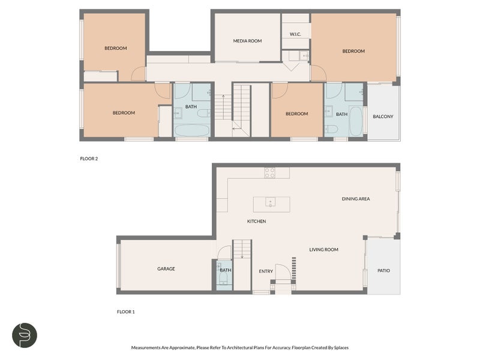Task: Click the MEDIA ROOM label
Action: (247, 41)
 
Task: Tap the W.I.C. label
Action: (295, 34)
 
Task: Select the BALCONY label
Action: (383, 116)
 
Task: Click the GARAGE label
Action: (166, 268)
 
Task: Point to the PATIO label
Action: (383, 271)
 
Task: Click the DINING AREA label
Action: (356, 199)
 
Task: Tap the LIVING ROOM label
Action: (323, 250)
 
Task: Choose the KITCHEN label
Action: (257, 221)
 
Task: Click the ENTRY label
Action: (266, 271)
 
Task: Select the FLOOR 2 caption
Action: (89, 158)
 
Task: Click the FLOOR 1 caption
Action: (125, 311)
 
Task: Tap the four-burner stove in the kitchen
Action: (269, 173)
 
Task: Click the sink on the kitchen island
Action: (271, 202)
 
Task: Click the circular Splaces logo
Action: (25, 335)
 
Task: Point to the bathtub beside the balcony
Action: (356, 121)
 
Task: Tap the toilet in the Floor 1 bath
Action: (224, 278)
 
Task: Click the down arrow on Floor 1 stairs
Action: (242, 249)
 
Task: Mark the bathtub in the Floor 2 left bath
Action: (191, 130)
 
